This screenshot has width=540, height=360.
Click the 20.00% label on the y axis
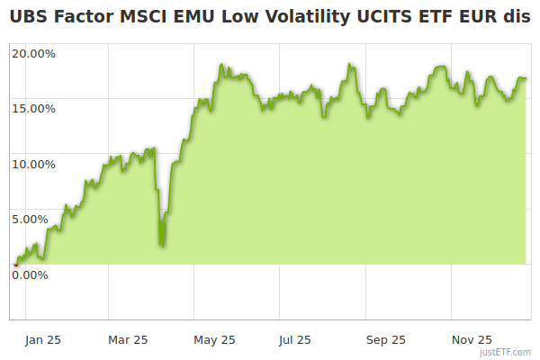[33, 53]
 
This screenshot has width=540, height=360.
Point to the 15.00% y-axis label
[33, 108]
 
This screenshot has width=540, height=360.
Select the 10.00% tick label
[33, 164]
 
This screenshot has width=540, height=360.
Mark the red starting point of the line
[15, 265]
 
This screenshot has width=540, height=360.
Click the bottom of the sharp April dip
[161, 245]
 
